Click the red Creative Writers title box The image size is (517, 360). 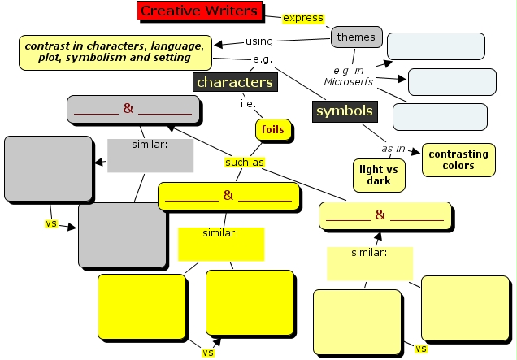[x=198, y=11]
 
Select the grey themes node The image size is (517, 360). [x=356, y=37]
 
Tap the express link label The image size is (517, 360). [x=302, y=19]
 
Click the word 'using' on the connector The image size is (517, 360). [x=258, y=41]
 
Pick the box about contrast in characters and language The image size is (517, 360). [x=115, y=52]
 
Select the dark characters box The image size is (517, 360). [x=234, y=82]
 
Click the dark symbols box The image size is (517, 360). [x=344, y=111]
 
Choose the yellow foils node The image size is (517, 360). [x=272, y=130]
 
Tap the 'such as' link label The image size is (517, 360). [x=245, y=162]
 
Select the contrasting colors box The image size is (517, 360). [x=458, y=159]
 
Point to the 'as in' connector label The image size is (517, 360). [x=393, y=149]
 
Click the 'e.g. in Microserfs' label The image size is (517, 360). [x=347, y=76]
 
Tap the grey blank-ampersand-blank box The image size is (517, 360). [x=133, y=109]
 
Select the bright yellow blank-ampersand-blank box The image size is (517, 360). [x=228, y=196]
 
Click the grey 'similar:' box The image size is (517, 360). [x=150, y=155]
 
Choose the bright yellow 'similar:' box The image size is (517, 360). [x=220, y=243]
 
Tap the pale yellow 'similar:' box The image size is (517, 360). [x=369, y=262]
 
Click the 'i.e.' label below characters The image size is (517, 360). [x=248, y=104]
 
